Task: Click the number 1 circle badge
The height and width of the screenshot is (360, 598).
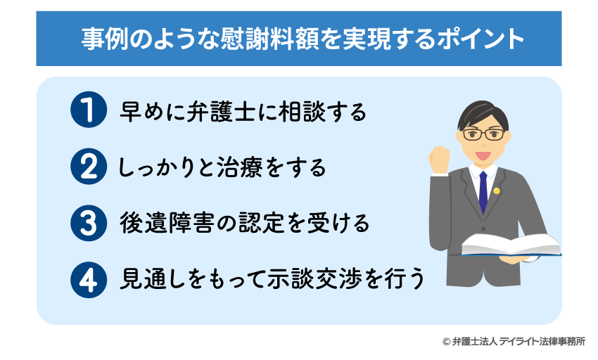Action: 89,110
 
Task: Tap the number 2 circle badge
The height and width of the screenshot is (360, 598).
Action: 89,167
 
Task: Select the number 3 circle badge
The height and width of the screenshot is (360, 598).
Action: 89,223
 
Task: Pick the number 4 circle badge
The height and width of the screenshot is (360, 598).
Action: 89,280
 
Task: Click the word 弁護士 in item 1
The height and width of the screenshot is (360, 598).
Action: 221,111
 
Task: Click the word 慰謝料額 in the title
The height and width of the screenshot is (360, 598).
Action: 270,39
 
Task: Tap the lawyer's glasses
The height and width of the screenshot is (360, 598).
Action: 483,134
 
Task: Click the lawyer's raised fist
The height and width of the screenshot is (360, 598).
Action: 439,160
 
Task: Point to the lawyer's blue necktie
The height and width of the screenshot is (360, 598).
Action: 483,192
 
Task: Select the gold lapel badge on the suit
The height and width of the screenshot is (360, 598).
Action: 496,191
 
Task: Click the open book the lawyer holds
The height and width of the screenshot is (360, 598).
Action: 511,245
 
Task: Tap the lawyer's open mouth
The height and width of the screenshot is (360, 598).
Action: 483,155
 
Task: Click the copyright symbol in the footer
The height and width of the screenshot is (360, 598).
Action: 446,342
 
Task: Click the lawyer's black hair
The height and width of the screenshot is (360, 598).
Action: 483,112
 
